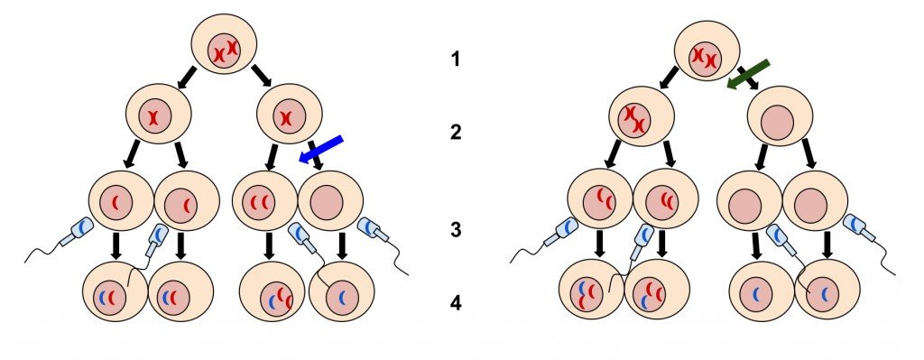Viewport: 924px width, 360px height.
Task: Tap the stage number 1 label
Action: click(456, 60)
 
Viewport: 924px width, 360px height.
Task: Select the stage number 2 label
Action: click(456, 133)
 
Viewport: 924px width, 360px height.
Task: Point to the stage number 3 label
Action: click(456, 230)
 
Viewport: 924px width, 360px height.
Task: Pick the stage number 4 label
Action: click(456, 304)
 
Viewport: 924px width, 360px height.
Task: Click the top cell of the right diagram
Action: click(707, 56)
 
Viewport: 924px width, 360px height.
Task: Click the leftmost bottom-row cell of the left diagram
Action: click(115, 295)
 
